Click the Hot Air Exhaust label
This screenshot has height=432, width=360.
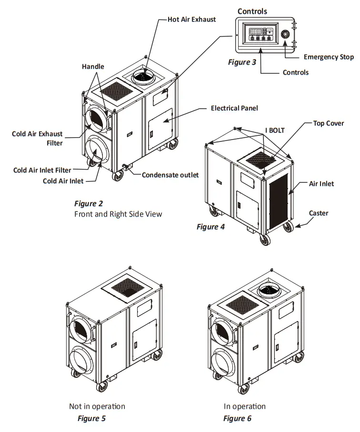coord(191,20)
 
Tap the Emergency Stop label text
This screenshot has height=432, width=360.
coord(329,57)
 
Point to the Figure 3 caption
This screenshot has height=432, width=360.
coord(242,62)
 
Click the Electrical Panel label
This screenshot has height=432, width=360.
coord(234,108)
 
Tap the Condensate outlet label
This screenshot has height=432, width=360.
coord(170,175)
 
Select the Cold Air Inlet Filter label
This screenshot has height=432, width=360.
coord(42,170)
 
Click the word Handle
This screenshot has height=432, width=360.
coord(92,67)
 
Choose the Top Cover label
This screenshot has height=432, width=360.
coord(328,123)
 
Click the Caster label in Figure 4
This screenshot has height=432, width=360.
coord(319,213)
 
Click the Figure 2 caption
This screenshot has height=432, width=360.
coord(89,204)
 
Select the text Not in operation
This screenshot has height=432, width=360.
coord(97,406)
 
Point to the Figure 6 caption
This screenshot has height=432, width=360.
coord(237,419)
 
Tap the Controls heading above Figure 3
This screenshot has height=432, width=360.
coord(252,11)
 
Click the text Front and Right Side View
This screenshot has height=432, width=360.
coord(118,214)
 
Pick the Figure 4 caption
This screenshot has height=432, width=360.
coord(210,227)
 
